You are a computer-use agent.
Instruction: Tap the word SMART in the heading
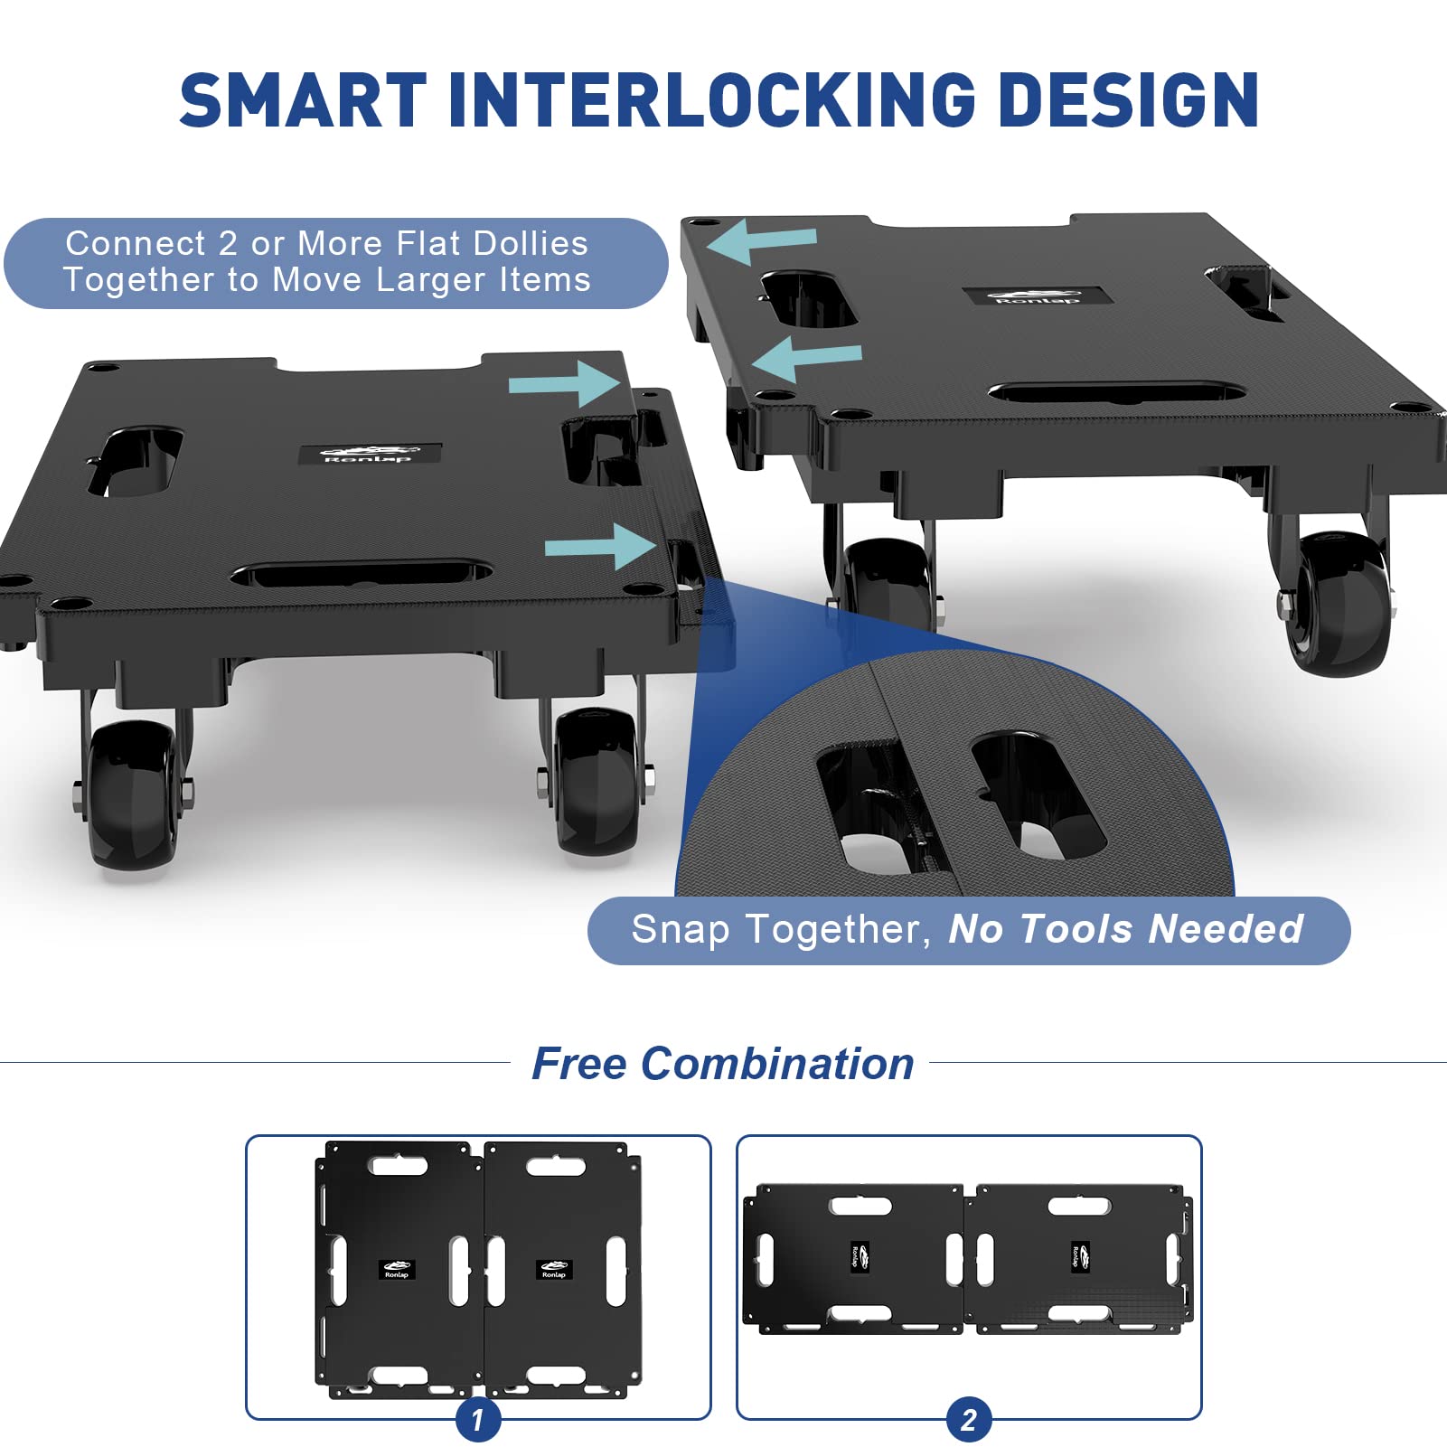point(303,99)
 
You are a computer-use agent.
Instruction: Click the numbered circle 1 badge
point(478,1420)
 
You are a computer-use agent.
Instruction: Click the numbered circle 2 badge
point(969,1420)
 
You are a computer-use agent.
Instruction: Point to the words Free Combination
point(722,1063)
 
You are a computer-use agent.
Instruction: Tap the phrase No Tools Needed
point(1125,928)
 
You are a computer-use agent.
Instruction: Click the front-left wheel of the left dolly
point(133,793)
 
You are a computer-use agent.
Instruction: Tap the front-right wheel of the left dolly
point(597,780)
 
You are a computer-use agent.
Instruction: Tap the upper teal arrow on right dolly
point(762,240)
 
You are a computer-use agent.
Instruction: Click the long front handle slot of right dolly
point(1117,393)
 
